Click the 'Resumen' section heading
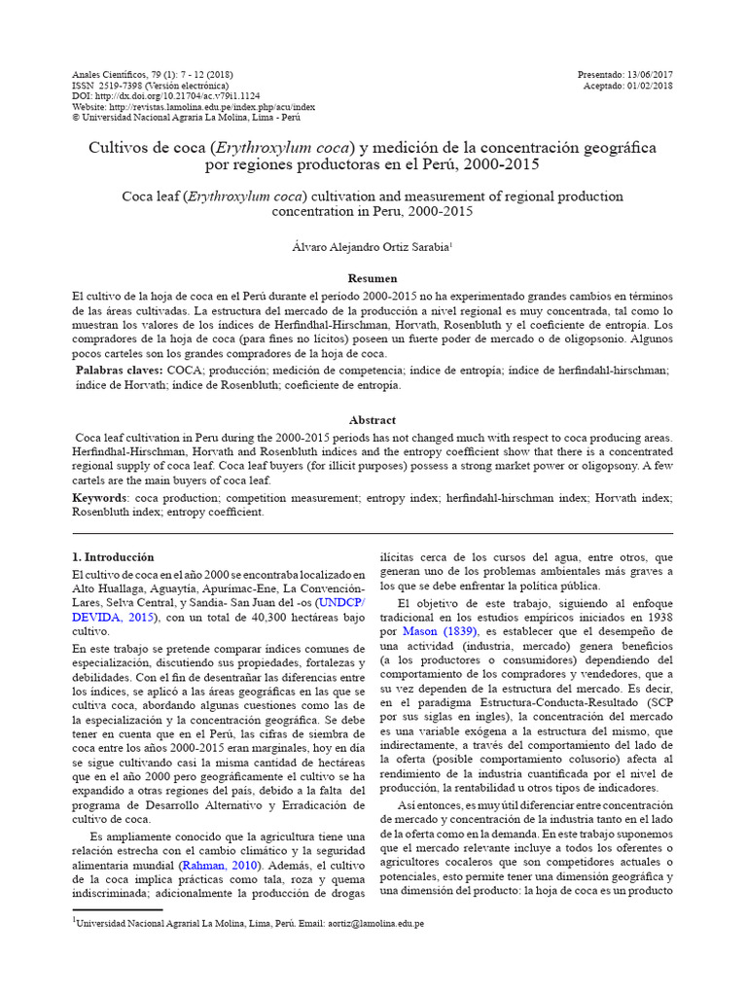click(373, 278)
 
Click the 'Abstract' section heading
click(373, 420)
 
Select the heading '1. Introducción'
click(114, 557)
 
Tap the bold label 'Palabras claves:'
click(119, 371)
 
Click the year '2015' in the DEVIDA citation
click(143, 617)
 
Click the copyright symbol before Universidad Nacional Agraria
click(78, 118)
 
